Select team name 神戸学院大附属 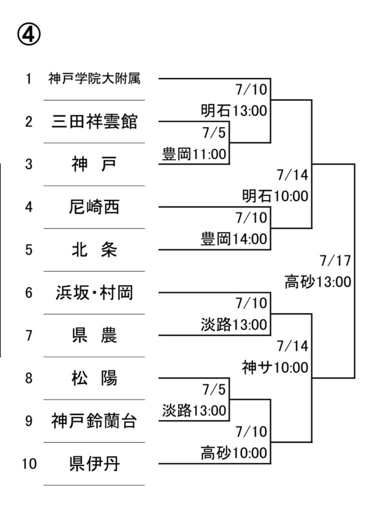point(95,78)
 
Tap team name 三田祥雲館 point(95,121)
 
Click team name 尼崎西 point(95,207)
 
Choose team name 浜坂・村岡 point(95,292)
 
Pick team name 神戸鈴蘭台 point(95,421)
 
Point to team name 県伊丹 point(95,463)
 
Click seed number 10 point(29,463)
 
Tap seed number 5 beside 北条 point(29,250)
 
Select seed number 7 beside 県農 point(29,335)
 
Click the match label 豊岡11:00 point(194,154)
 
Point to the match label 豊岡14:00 point(234,239)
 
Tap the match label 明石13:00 point(234,110)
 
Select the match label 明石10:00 point(275,196)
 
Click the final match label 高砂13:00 point(318,282)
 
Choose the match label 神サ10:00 point(275,367)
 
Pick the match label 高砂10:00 point(234,453)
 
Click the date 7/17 point(335,260)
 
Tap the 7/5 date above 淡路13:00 point(214,389)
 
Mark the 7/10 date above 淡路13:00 point(252,303)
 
